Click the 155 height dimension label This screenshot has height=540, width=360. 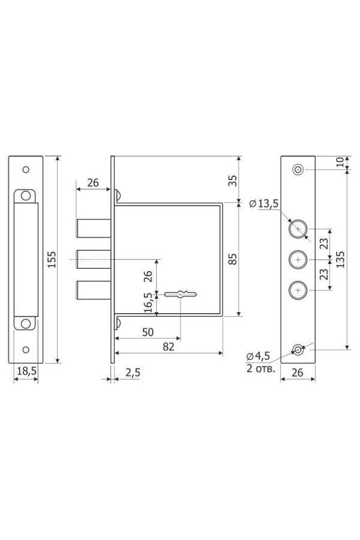pos(52,259)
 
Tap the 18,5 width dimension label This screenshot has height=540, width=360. pos(27,371)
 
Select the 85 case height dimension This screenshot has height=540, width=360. pos(233,259)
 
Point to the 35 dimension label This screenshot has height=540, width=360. pos(233,181)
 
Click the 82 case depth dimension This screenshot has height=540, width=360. pos(169,347)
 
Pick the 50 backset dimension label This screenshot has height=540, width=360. pos(148,332)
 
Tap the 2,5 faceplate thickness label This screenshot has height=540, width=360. pos(133,372)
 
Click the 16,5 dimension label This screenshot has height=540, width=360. pos(148,302)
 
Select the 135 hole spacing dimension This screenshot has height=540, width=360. pos(340,259)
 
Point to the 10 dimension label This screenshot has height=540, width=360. pos(340,162)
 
